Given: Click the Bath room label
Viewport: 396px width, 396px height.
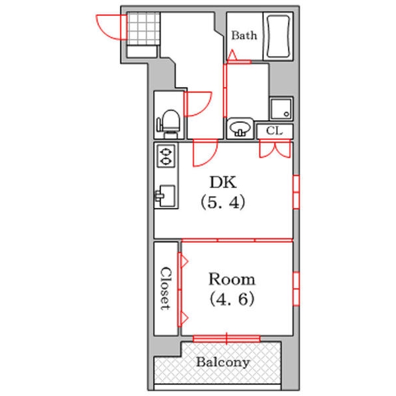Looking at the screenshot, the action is tap(244, 36).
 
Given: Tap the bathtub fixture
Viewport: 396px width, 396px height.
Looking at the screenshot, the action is tap(278, 36).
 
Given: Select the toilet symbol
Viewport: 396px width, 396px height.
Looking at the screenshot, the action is tap(169, 124).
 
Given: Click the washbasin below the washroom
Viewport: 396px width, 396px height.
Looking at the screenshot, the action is tap(240, 128).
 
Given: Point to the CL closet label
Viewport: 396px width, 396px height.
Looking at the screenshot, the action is tap(275, 131).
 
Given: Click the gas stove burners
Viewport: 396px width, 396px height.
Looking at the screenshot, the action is tap(166, 156).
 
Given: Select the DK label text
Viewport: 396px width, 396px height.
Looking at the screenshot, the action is tap(223, 182).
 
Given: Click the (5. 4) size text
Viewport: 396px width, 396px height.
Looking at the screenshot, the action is tap(223, 203).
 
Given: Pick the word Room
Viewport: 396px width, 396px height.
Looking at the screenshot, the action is tap(232, 279).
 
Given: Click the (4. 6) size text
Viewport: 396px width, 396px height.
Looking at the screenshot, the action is tap(232, 299).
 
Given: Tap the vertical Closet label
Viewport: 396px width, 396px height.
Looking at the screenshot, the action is tap(166, 288).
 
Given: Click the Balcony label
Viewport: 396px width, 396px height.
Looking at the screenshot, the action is tap(223, 362).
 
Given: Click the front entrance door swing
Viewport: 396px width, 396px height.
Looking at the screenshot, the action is tap(112, 27).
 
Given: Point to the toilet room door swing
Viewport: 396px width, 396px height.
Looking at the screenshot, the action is tap(198, 104).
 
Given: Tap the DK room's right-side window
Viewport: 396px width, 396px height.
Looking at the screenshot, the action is tap(296, 192).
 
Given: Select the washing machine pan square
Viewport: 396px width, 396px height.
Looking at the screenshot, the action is tap(281, 109).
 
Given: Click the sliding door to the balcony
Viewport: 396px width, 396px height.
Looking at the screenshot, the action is tap(226, 339).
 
